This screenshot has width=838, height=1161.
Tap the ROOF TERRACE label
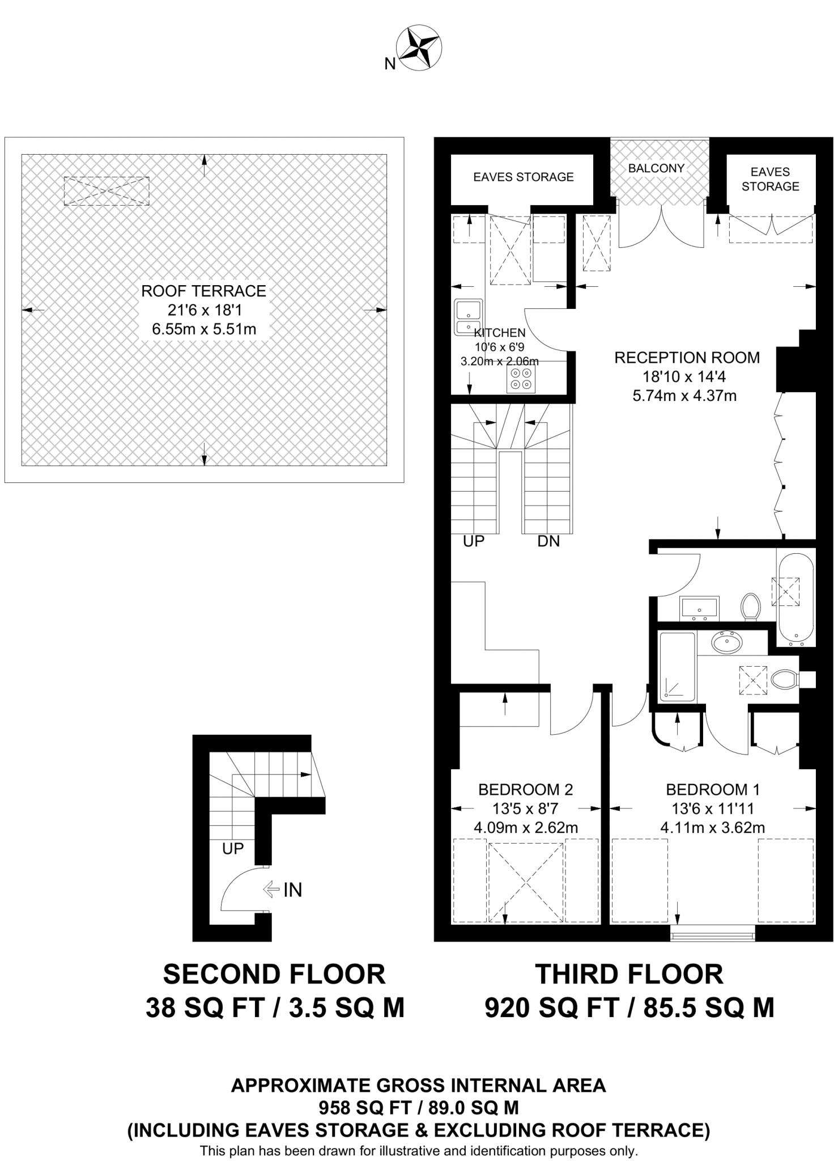click(x=203, y=291)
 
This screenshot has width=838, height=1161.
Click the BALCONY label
click(x=656, y=168)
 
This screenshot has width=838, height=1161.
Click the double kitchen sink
click(x=468, y=317)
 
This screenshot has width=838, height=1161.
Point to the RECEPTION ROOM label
click(x=687, y=358)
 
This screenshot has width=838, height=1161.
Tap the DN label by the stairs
click(x=548, y=541)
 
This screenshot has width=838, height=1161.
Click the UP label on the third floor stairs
click(x=474, y=541)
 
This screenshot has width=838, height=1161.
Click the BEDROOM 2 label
click(x=525, y=789)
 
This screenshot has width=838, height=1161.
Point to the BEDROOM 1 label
click(x=713, y=789)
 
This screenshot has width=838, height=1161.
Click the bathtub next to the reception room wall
click(x=796, y=600)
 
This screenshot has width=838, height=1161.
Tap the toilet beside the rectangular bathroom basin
click(x=751, y=607)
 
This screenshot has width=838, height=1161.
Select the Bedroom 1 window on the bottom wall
click(x=712, y=934)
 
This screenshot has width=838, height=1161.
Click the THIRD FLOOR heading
click(x=629, y=974)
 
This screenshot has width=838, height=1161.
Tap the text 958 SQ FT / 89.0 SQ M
click(x=418, y=1107)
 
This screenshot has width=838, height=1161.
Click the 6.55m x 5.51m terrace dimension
click(x=204, y=329)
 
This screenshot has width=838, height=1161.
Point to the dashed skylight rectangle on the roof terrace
click(x=107, y=190)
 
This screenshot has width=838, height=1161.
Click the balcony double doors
click(x=661, y=227)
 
